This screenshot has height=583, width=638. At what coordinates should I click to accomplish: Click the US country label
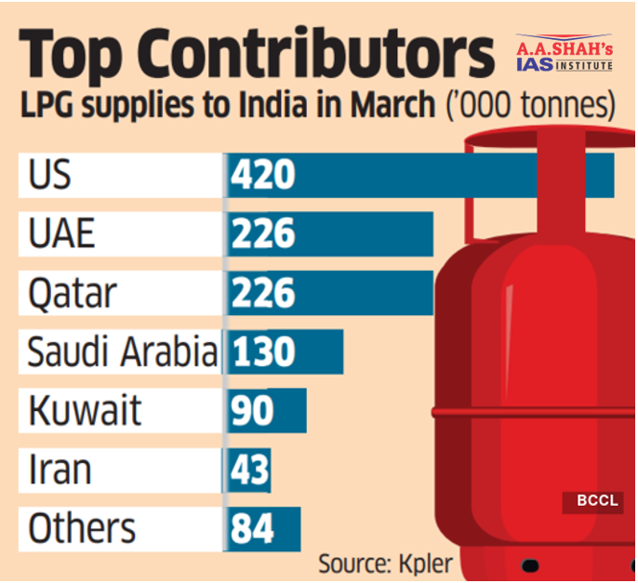point(50,176)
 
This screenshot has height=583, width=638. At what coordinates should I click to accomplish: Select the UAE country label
point(61,234)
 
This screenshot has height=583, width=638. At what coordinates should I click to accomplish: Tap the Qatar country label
point(73,294)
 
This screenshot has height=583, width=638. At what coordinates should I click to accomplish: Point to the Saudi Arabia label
point(122,352)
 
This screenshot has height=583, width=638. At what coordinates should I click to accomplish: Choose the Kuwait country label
point(85,410)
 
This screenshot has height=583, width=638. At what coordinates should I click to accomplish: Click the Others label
point(82,528)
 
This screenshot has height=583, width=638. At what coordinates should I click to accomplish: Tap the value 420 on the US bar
point(263,176)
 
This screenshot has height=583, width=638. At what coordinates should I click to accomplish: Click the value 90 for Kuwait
point(252,410)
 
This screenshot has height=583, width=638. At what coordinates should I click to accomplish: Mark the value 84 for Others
point(252,528)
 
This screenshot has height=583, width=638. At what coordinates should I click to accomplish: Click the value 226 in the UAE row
point(263,234)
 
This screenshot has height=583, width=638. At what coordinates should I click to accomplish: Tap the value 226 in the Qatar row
point(263,294)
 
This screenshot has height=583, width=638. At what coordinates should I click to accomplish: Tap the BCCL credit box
point(597,501)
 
